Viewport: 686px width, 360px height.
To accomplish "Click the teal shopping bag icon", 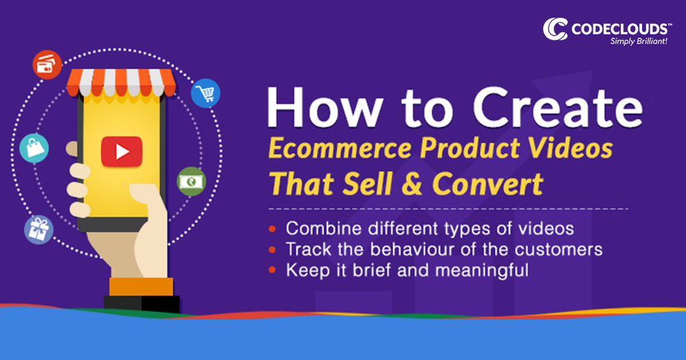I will pos(34,147).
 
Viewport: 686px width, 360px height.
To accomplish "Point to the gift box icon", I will pos(38,229).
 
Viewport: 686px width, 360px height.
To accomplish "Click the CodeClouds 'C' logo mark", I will pos(556,28).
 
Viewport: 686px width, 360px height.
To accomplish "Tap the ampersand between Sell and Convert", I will pos(409,184).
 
